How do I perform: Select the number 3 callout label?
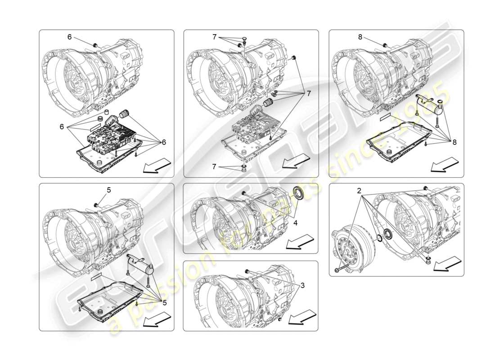tap(302, 285)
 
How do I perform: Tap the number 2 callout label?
tap(360, 191)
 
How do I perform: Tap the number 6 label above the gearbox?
tap(69, 37)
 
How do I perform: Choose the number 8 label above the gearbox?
tap(360, 37)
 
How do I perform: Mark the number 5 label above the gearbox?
tap(109, 190)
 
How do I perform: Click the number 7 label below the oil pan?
tap(214, 166)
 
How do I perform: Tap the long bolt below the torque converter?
tap(344, 269)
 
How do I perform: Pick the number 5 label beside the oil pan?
tap(165, 303)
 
